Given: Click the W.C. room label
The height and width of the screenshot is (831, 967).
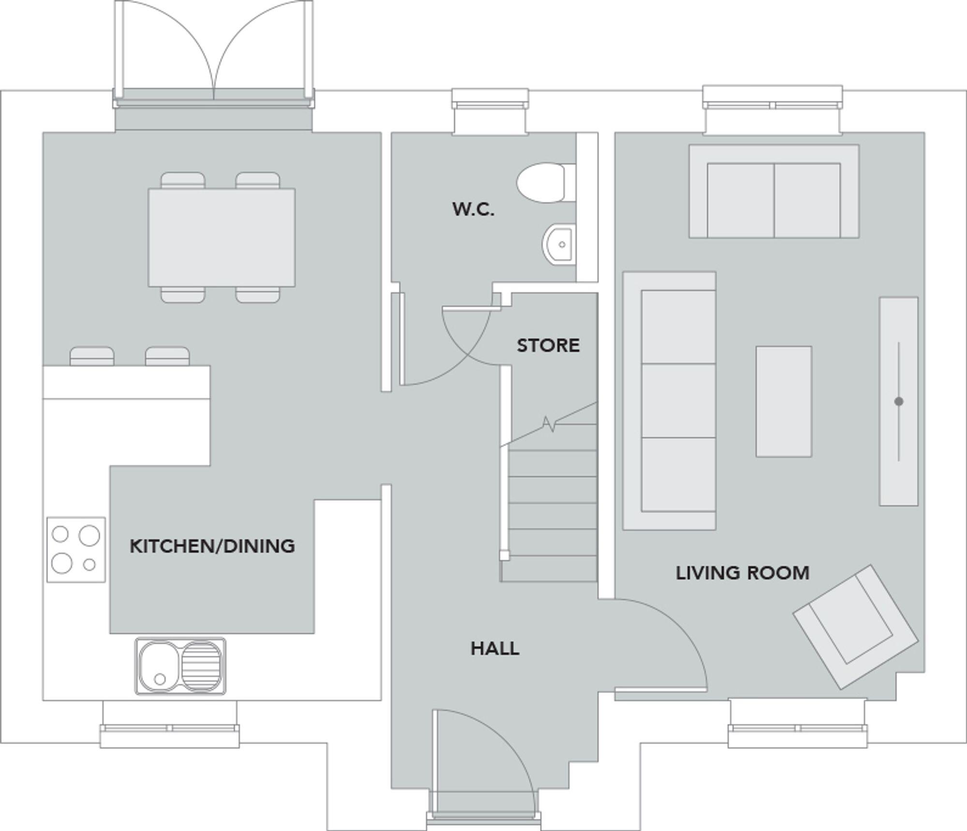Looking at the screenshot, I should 473,209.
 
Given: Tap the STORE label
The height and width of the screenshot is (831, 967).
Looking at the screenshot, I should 548,345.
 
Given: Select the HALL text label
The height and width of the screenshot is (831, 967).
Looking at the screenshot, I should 495,649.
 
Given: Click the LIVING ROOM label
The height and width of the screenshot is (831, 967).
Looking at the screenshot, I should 742,573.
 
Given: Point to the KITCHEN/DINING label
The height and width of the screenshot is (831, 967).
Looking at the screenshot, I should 212,546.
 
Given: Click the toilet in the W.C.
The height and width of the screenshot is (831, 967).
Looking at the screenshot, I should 544,183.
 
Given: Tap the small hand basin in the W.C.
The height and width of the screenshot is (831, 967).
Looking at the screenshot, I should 560,244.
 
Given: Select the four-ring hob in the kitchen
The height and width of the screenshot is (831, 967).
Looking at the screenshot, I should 76,549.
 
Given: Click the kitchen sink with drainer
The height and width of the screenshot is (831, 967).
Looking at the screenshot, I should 180,666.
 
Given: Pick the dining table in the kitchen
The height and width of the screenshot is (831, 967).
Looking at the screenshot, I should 221,237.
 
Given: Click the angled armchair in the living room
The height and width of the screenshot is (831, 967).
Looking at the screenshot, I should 855,627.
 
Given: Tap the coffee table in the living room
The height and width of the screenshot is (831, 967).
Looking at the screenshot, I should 783,401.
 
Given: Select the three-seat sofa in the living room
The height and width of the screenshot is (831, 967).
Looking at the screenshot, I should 669,401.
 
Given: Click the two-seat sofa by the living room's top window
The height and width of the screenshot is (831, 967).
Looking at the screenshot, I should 774,192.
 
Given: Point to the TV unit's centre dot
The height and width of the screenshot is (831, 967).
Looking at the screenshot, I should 898,401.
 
